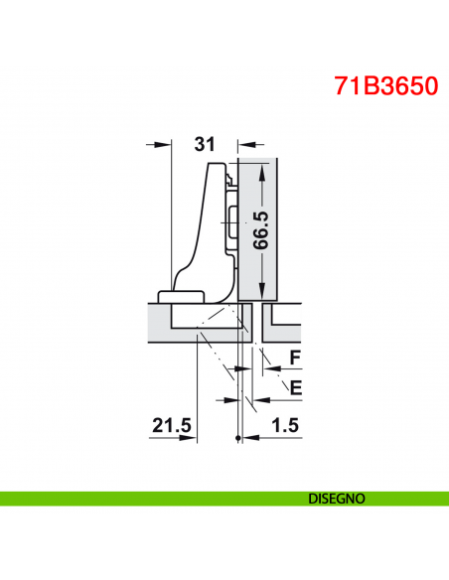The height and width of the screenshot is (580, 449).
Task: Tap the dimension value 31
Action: pos(205,144)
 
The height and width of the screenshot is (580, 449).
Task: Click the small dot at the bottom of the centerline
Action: pos(238,438)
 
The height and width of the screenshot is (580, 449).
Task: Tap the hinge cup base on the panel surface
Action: pos(181,295)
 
